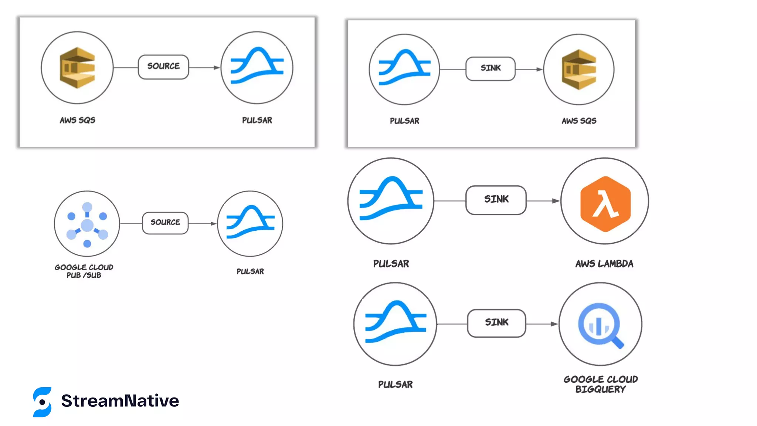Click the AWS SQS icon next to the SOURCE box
77,68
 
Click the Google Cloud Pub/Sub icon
87,224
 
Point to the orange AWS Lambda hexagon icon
605,204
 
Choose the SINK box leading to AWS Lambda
496,200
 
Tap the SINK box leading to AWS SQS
490,69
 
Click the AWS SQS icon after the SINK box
579,69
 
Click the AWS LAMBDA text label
604,264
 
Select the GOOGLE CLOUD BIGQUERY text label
601,384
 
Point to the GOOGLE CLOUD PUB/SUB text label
84,271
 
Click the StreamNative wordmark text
120,401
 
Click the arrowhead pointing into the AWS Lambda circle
556,201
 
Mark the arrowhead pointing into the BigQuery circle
554,324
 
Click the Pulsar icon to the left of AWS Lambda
391,200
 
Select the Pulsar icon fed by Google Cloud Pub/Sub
250,223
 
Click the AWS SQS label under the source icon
78,120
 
